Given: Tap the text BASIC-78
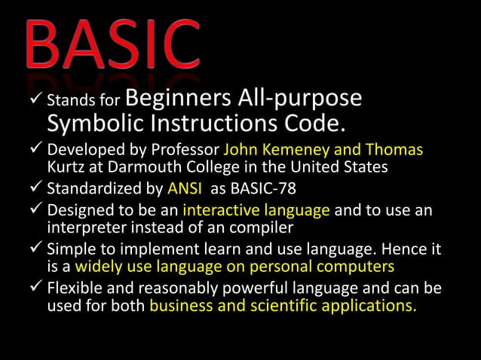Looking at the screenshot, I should tap(251, 186).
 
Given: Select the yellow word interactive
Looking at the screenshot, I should tap(220, 210).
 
